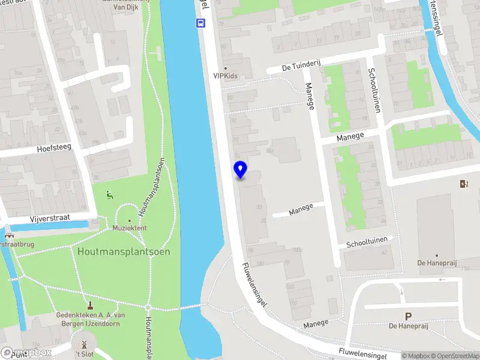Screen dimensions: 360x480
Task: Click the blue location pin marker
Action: (x=241, y=170)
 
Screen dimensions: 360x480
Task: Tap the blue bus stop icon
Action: (x=200, y=23)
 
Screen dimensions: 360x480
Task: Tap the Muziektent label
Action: (x=129, y=229)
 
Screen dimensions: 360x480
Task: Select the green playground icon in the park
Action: (x=109, y=194)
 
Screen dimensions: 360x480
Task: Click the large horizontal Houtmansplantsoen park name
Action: (x=123, y=251)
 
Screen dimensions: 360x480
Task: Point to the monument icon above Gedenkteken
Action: (x=91, y=305)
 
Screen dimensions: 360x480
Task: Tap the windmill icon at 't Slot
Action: (x=84, y=345)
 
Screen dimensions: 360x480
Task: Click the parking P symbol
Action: (x=409, y=316)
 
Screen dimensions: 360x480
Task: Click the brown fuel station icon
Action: (x=463, y=184)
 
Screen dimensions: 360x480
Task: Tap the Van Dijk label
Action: (x=127, y=7)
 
